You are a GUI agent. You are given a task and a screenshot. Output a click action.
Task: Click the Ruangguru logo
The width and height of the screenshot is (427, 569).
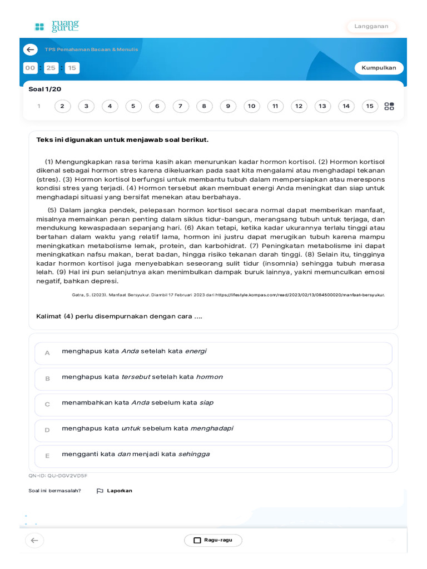(57, 26)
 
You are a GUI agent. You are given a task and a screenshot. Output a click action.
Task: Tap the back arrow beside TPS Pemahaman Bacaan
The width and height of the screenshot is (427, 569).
(31, 49)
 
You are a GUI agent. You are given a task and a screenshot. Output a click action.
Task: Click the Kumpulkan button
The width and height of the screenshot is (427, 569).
(379, 68)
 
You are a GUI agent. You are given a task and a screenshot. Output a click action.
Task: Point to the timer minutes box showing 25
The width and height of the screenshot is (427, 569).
(51, 68)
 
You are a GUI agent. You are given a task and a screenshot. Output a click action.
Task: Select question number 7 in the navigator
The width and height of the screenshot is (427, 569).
(181, 106)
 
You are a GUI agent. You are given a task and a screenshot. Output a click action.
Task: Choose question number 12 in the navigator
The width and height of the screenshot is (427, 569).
(299, 106)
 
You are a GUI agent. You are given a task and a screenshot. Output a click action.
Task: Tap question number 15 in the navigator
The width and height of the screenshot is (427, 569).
(370, 106)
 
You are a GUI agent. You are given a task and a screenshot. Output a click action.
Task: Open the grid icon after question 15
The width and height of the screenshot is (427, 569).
(389, 106)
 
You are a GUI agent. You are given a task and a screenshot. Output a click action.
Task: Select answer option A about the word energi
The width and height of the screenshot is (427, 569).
(213, 353)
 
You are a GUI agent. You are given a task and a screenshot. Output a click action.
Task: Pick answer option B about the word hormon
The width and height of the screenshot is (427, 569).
(213, 378)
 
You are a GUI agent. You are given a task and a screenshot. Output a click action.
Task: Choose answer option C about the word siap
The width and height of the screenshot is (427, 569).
(213, 404)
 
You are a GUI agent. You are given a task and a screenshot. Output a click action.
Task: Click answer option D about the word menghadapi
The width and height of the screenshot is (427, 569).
(213, 430)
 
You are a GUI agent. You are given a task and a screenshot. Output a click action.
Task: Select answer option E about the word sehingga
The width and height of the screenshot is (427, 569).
(213, 456)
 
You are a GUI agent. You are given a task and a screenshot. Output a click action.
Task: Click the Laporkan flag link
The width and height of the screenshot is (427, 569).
(115, 491)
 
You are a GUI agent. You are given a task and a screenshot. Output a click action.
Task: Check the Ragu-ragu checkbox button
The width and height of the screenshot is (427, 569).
(213, 540)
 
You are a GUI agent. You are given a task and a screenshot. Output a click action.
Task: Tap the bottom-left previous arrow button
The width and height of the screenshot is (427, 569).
(34, 540)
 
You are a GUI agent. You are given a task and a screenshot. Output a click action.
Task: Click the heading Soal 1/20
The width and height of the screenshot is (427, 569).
(45, 89)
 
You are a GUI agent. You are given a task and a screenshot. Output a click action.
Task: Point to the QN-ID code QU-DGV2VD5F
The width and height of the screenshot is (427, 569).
(58, 476)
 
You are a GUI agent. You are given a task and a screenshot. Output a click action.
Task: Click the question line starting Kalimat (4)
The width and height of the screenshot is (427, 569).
(119, 316)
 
